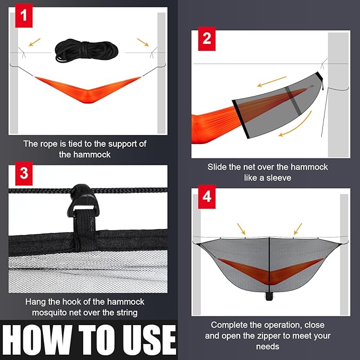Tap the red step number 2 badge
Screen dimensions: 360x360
(207, 39)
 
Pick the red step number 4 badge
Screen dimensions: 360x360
(207, 197)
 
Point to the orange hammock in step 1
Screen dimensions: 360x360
(87, 89)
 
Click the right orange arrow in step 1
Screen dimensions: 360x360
(143, 41)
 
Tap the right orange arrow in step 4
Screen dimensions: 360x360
(296, 229)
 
